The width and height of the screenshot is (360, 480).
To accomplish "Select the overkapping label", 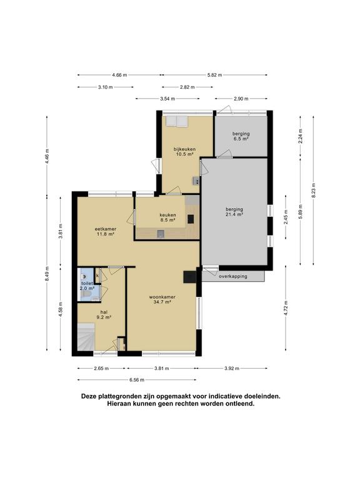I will [x=233, y=276].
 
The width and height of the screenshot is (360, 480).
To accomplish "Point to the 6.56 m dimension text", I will [x=137, y=379].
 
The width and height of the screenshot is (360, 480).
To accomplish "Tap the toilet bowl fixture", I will [x=85, y=274].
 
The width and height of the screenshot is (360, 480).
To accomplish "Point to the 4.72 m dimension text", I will [x=286, y=311].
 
